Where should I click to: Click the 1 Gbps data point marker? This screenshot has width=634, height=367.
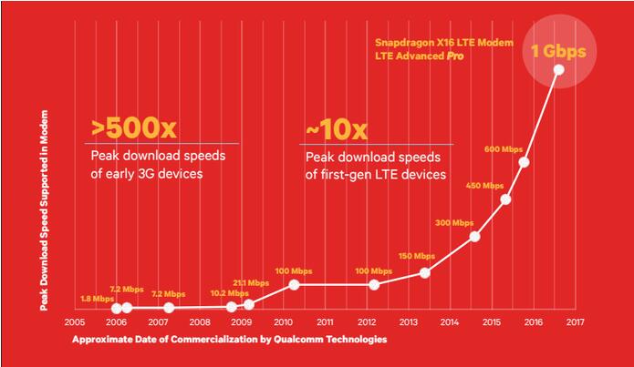point(558,70)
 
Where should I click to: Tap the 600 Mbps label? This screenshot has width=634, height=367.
point(504,149)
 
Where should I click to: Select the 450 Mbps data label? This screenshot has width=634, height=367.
point(485,186)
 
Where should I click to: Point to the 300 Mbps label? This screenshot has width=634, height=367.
point(454,222)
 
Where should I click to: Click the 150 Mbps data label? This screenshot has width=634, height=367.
point(418,257)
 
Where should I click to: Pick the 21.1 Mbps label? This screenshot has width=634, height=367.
point(253,283)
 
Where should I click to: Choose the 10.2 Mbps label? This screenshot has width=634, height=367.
point(229,293)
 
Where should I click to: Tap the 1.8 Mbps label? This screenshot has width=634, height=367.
point(97,298)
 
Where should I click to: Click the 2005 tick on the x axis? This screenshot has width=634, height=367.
point(75,322)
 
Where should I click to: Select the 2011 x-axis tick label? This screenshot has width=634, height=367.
point(325,322)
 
